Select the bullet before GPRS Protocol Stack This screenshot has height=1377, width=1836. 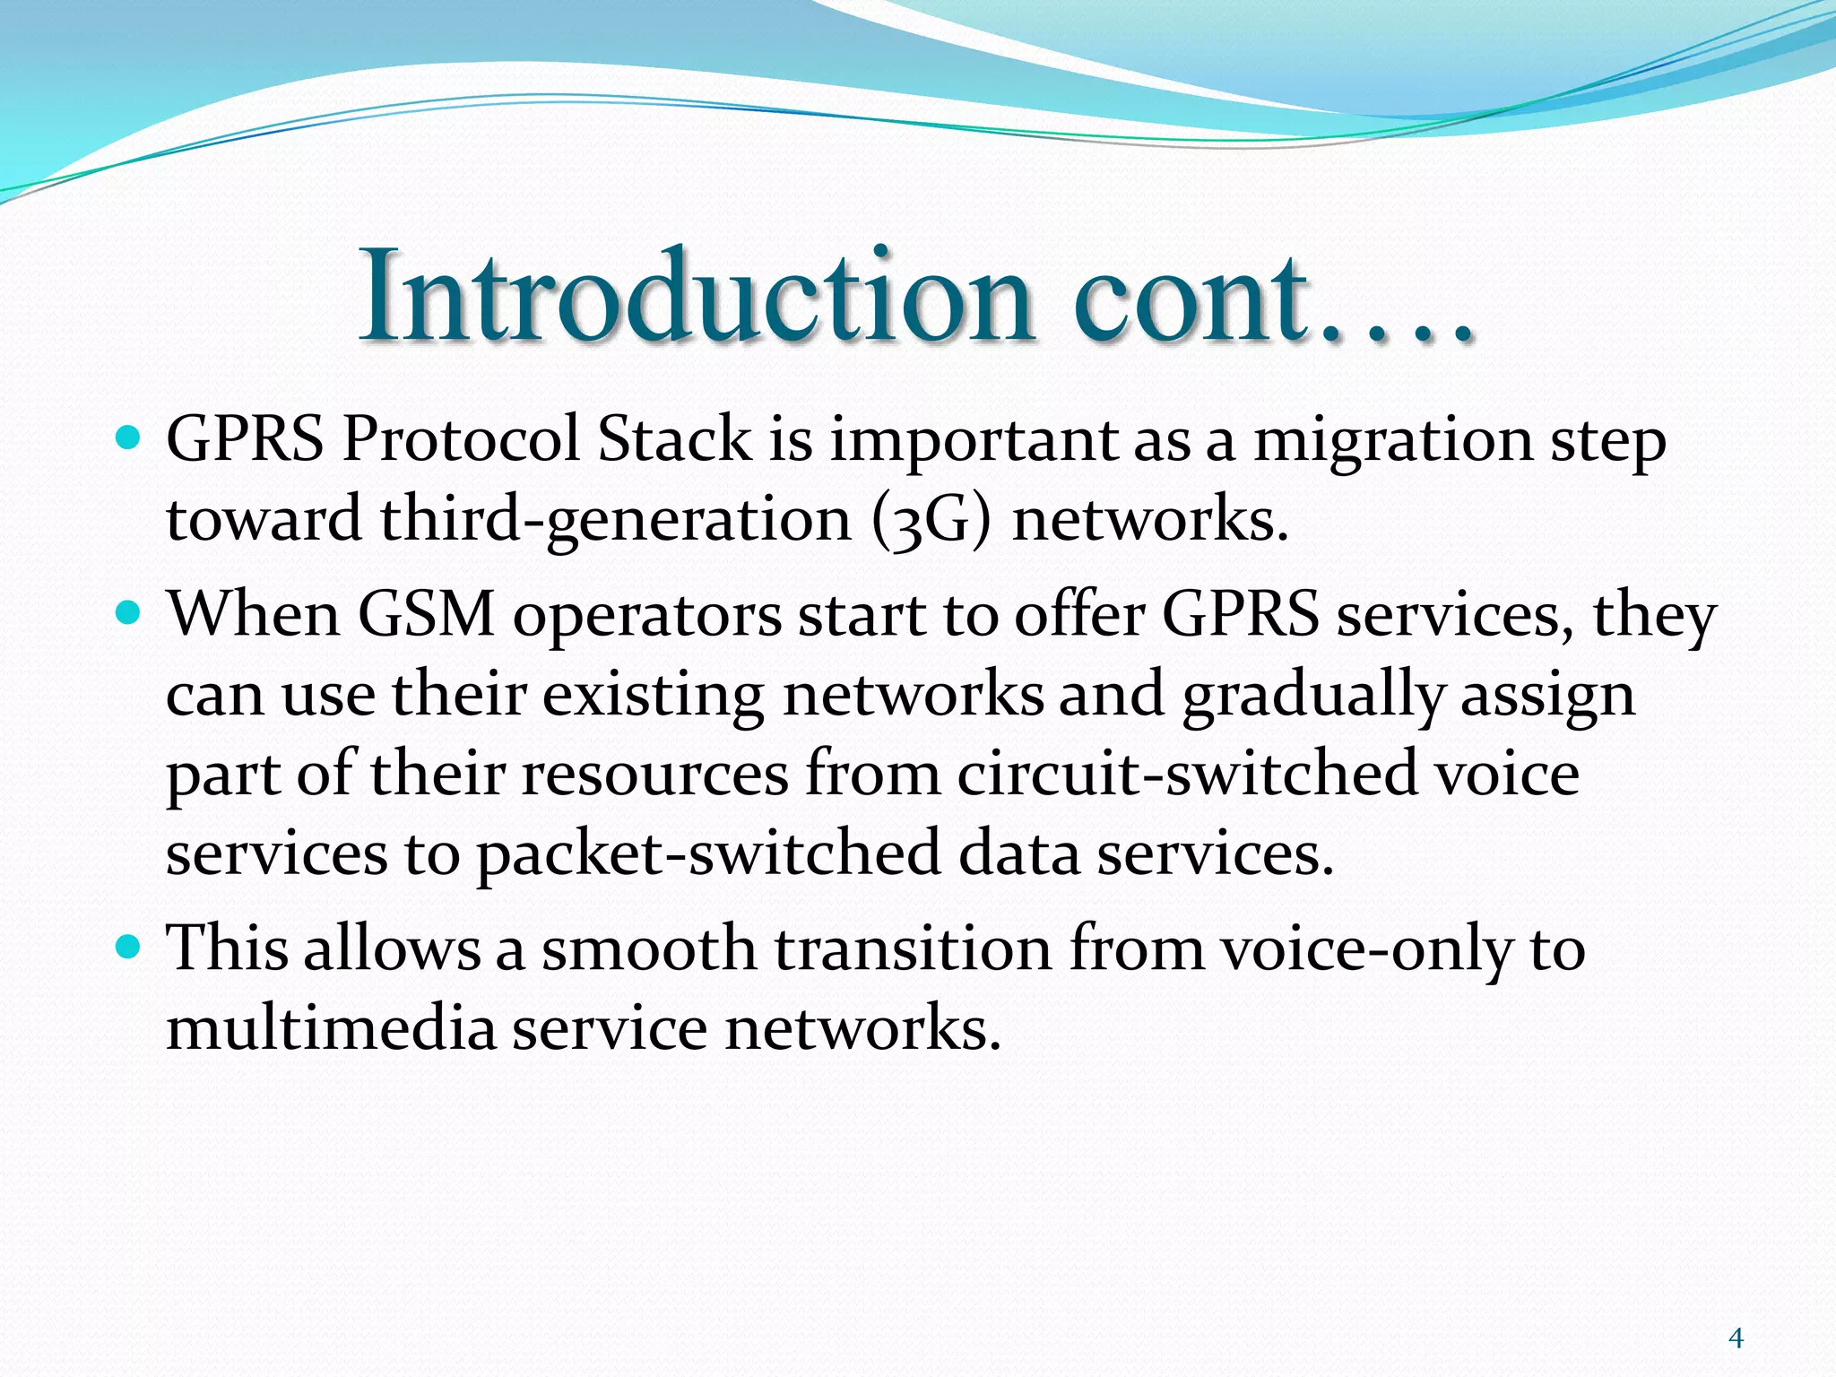coord(129,438)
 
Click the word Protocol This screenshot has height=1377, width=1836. coord(461,441)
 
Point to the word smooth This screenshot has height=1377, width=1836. coord(649,948)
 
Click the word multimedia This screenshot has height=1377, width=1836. coord(331,1027)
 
